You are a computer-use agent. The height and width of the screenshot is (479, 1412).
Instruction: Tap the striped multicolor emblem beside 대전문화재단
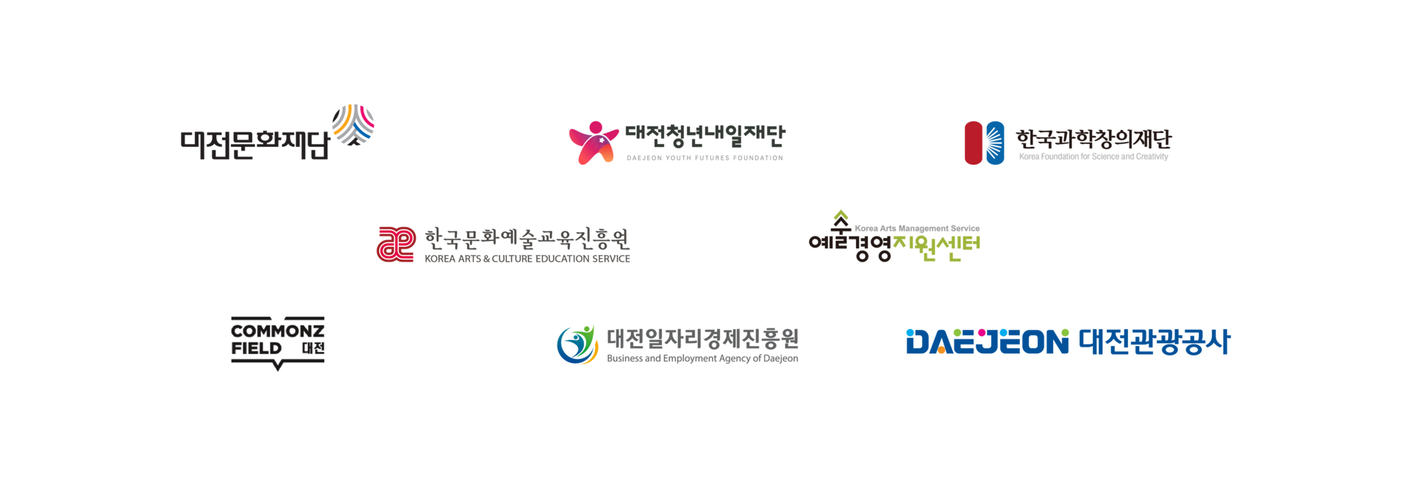[353, 124]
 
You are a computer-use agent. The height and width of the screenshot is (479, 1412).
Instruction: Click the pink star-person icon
[593, 143]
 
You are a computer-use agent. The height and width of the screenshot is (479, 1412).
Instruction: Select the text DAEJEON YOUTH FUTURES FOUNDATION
[705, 158]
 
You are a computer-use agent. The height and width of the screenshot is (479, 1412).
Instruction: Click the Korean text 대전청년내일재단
[705, 135]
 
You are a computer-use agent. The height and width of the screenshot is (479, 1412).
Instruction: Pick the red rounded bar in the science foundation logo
[974, 143]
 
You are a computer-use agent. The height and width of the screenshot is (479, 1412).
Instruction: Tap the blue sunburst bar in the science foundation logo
[995, 143]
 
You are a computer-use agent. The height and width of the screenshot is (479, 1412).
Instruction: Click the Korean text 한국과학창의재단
[1094, 139]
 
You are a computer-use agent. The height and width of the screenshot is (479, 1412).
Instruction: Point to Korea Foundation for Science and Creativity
[1094, 156]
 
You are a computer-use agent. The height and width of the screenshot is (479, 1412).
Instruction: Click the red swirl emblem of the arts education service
[396, 244]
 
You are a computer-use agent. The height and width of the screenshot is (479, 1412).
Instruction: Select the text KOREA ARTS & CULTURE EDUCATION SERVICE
[527, 259]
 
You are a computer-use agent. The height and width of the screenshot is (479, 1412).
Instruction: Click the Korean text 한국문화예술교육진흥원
[527, 239]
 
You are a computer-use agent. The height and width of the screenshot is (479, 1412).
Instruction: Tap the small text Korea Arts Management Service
[917, 228]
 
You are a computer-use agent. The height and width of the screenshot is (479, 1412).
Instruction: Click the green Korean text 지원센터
[936, 248]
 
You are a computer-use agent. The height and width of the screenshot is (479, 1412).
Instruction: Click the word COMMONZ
[278, 331]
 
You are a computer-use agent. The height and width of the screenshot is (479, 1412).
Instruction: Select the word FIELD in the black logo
[257, 348]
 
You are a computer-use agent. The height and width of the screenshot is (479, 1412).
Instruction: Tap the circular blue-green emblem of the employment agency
[577, 345]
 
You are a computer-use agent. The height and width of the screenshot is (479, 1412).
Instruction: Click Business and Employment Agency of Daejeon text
[702, 359]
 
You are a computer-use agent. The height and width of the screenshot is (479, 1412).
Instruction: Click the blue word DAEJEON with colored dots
[987, 342]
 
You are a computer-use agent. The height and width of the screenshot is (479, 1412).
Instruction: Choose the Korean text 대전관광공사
[1154, 342]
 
